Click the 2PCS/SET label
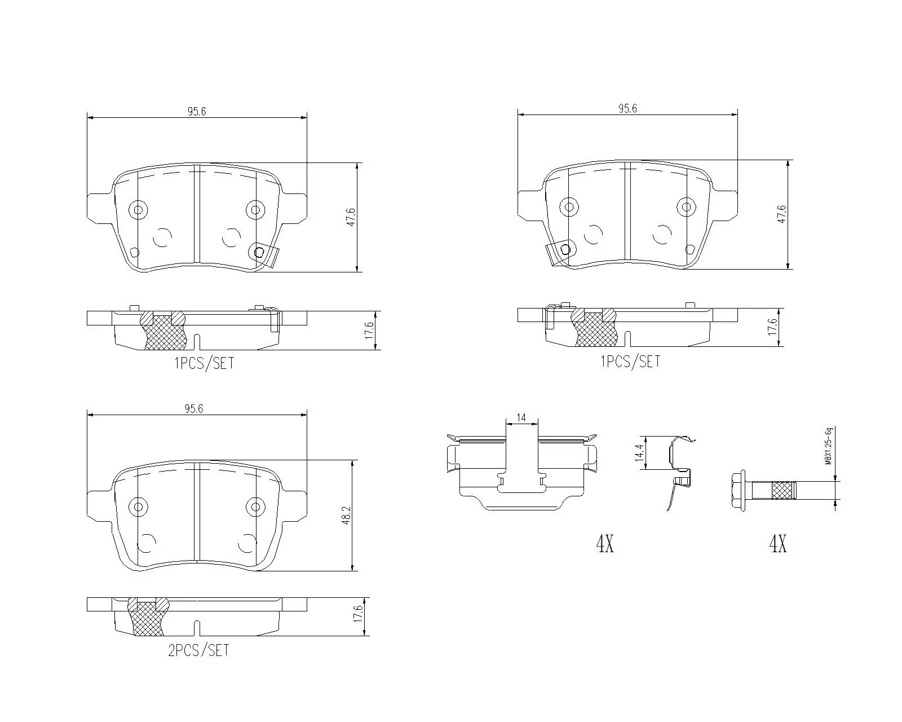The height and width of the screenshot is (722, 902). (198, 650)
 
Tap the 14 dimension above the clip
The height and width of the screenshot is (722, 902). (521, 418)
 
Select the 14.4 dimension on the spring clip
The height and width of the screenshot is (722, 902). (639, 453)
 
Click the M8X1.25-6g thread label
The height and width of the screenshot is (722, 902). (828, 445)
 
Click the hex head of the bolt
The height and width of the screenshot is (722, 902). (739, 489)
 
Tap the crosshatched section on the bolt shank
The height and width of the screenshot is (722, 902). (782, 490)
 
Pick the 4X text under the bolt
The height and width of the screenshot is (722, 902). (777, 544)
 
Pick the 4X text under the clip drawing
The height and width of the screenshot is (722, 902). (604, 544)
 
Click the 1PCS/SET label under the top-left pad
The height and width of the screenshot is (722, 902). (204, 364)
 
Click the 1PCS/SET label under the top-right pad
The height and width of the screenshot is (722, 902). (630, 362)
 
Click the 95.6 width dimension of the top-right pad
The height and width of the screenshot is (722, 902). (627, 109)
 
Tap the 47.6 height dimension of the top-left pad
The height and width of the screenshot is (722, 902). (351, 217)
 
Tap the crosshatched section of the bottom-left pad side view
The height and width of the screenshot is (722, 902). (148, 619)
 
